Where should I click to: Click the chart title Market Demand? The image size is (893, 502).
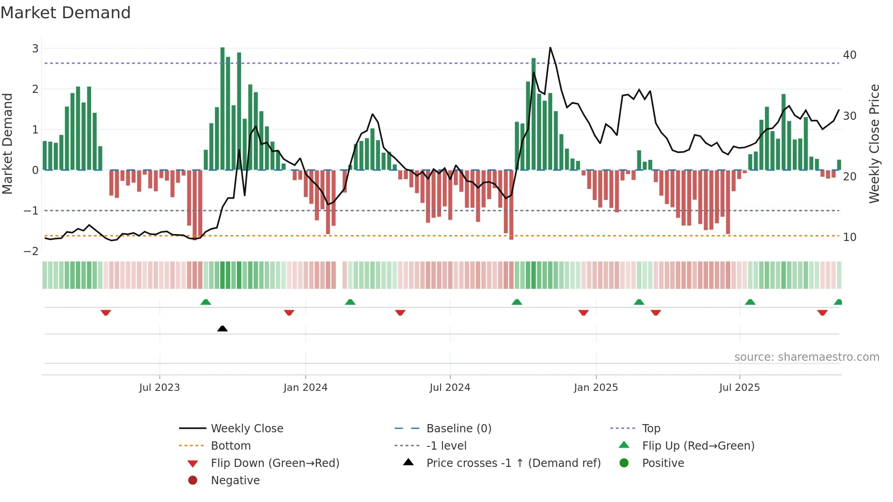(x=66, y=13)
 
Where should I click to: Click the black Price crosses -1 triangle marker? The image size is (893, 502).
(x=222, y=328)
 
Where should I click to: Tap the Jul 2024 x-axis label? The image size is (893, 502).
(x=450, y=388)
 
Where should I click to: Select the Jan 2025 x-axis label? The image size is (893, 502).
(x=595, y=388)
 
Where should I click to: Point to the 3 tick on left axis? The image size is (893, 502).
(x=35, y=48)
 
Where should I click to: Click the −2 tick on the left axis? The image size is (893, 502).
(x=31, y=251)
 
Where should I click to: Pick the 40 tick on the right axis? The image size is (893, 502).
(x=849, y=55)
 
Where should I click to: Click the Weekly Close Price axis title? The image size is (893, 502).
(x=874, y=143)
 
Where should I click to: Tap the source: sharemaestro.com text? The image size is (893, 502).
(x=806, y=357)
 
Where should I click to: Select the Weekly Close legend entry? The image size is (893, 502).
(x=246, y=429)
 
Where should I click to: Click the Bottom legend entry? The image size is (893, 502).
(x=231, y=446)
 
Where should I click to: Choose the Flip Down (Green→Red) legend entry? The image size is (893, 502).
(x=275, y=463)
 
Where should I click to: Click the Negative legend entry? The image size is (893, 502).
(x=235, y=481)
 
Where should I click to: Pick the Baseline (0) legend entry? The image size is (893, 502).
(x=459, y=429)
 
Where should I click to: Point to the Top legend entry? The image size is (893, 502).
(x=651, y=429)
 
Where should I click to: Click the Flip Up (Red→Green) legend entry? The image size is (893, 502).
(x=698, y=446)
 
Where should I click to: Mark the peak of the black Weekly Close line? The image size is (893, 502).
(x=550, y=48)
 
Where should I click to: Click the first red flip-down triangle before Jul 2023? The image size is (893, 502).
(x=106, y=312)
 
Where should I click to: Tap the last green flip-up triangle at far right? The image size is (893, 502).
(x=838, y=302)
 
